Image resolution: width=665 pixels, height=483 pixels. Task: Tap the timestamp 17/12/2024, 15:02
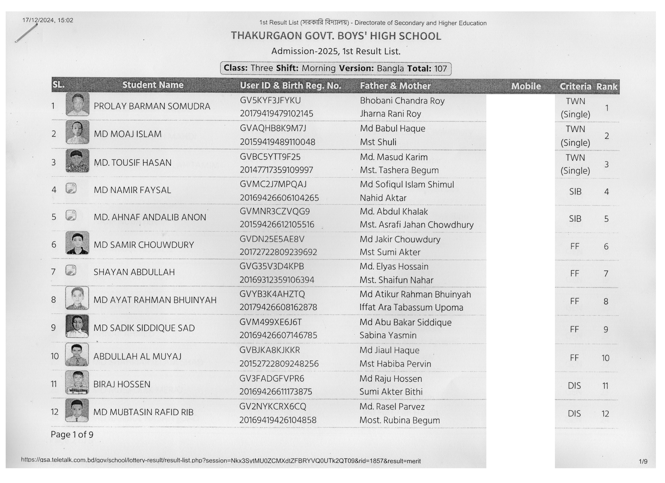tap(48, 20)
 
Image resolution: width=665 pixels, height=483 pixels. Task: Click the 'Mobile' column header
tap(526, 86)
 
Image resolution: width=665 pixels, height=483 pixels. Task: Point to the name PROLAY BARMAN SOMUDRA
tap(152, 106)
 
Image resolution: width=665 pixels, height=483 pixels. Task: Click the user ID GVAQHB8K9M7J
tap(273, 128)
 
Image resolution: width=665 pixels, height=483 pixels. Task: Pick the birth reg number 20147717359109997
tap(276, 170)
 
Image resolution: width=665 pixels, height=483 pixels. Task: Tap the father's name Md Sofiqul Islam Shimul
tap(407, 184)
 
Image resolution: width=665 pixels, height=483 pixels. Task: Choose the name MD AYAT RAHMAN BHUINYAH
tap(155, 300)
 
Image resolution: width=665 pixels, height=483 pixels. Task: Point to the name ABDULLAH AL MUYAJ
tap(137, 356)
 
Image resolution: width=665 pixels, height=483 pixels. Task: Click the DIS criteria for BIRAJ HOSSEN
tap(574, 386)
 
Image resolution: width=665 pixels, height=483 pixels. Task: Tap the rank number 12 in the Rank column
tap(605, 413)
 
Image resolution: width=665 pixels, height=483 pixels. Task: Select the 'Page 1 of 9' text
tap(72, 434)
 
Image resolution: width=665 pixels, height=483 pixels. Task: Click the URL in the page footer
tap(221, 460)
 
